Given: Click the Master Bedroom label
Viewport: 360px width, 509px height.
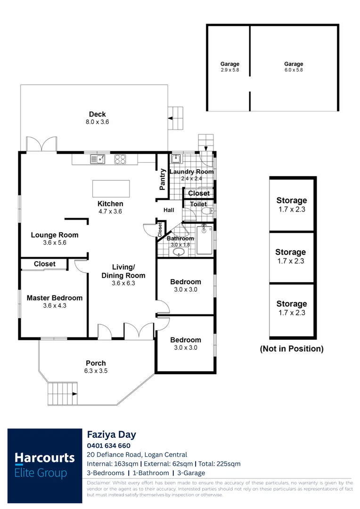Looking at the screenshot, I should click(x=54, y=298).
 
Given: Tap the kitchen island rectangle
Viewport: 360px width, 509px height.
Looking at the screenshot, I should click(x=111, y=189).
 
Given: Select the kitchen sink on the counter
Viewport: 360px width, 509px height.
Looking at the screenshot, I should click(x=98, y=159).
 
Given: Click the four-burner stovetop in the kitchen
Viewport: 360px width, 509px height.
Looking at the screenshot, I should click(x=120, y=159).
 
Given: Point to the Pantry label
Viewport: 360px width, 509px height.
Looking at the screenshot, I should click(x=163, y=179).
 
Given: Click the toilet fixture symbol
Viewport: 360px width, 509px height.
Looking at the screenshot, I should click(x=208, y=212).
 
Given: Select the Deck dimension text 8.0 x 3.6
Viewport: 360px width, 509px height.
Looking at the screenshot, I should click(x=97, y=122).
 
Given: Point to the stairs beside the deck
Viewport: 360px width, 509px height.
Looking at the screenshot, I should click(x=176, y=118).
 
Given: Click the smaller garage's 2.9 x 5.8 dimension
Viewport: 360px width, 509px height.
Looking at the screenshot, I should click(x=230, y=70).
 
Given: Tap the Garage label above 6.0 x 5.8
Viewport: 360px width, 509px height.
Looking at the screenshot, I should click(x=294, y=64).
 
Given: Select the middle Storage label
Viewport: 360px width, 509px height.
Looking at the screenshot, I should click(x=291, y=252).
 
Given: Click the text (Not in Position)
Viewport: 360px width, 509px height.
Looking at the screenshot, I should click(x=292, y=349).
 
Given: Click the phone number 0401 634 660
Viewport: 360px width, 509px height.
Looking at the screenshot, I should click(x=109, y=445).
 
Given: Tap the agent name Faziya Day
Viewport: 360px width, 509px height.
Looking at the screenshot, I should click(x=111, y=435).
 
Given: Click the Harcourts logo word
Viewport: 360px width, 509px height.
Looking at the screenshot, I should click(x=44, y=458).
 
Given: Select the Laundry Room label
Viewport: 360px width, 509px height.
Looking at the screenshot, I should click(x=191, y=172).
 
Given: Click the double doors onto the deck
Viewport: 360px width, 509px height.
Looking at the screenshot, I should click(x=41, y=144).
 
